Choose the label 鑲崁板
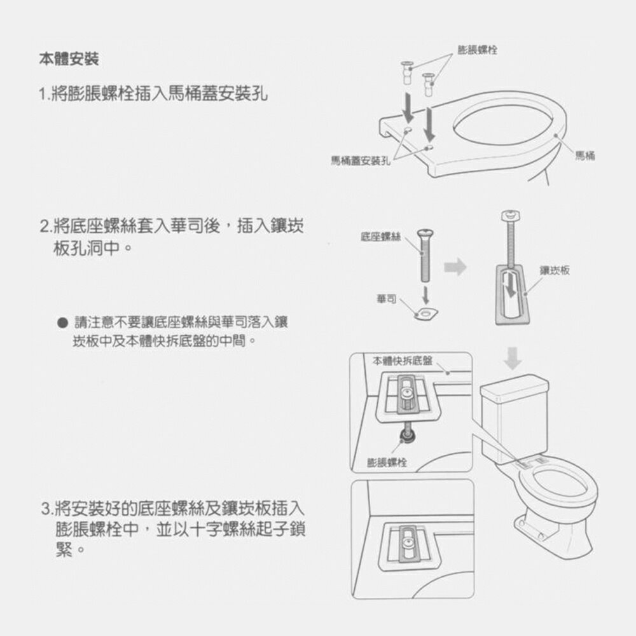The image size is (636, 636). click(x=555, y=270)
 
